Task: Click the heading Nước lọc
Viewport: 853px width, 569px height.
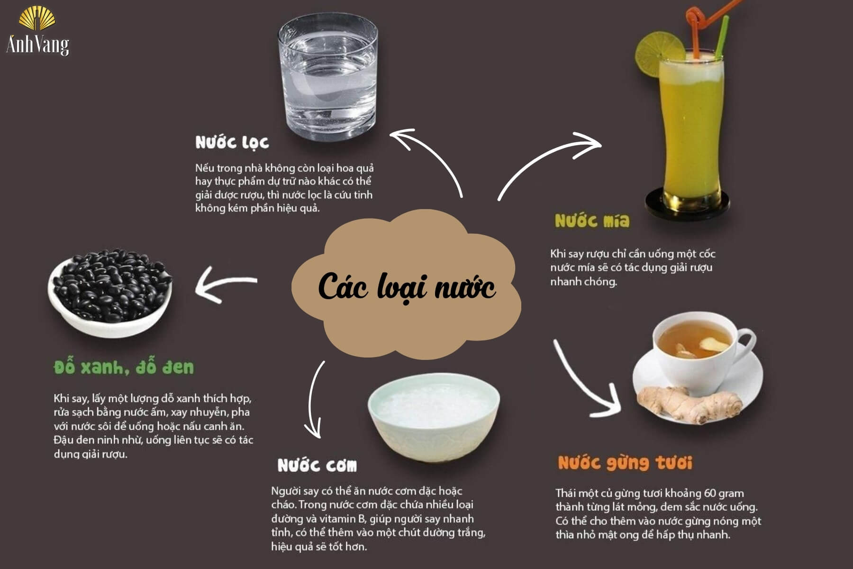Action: [232, 142]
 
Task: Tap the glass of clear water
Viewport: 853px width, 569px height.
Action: [328, 78]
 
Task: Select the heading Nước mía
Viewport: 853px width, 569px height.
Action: [592, 221]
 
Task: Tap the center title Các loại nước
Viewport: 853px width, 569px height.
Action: [406, 287]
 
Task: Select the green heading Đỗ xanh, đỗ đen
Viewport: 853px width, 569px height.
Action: [124, 367]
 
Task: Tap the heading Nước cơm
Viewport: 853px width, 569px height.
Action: [317, 466]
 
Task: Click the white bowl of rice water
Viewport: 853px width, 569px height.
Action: [434, 417]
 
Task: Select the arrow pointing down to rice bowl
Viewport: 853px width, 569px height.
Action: [314, 403]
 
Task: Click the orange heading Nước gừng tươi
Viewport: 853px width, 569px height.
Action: [625, 463]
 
